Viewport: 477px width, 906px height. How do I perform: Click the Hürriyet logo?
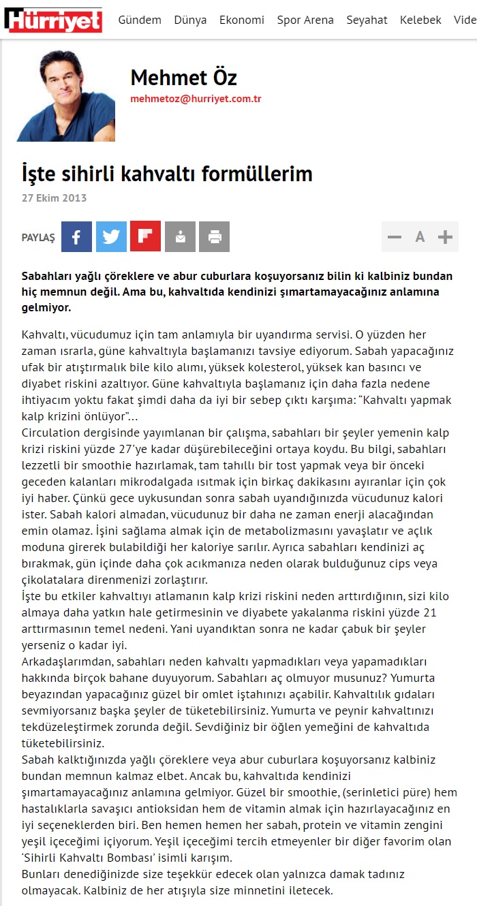53,20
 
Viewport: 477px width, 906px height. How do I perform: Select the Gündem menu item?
140,20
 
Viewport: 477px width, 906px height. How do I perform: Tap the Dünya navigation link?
190,20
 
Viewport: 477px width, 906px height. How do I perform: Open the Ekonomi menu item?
242,20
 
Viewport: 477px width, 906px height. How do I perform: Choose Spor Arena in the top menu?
305,20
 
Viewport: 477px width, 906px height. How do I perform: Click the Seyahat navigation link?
367,20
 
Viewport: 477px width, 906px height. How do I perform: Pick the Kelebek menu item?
420,20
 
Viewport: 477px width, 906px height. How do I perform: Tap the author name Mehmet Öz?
183,78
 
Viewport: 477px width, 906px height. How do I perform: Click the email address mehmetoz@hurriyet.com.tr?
196,99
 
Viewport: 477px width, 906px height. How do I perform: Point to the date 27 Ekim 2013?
55,198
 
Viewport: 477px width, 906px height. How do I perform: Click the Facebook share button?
76,237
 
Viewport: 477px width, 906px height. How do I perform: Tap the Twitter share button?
111,237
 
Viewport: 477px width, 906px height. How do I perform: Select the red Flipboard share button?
145,237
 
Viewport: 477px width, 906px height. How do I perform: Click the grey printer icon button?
215,237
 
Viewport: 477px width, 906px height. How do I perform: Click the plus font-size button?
445,237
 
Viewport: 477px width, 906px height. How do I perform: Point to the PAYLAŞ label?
38,238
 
